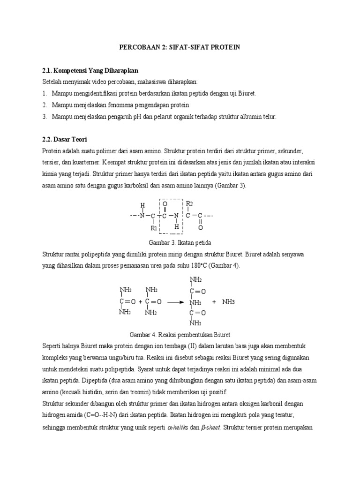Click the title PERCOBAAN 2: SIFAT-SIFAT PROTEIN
(x=180, y=47)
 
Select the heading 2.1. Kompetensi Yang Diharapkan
(x=90, y=70)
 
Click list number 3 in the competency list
(x=45, y=116)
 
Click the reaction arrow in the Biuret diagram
(x=175, y=302)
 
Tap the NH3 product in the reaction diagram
(x=228, y=302)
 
